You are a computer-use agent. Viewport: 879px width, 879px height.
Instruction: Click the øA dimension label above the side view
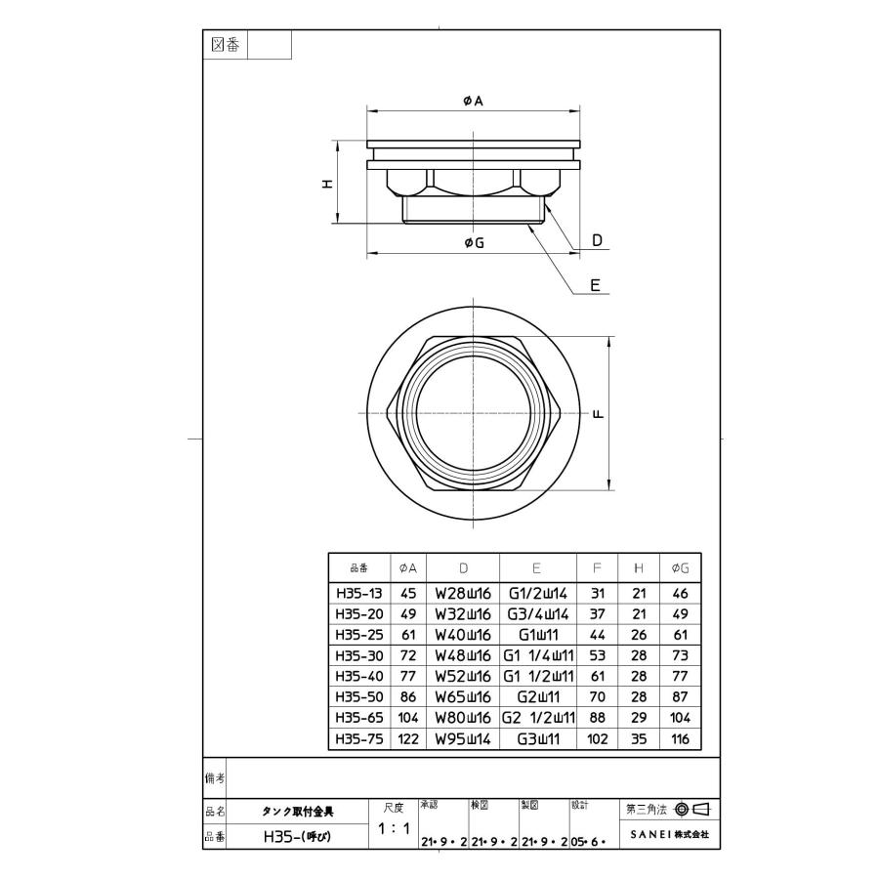coord(474,101)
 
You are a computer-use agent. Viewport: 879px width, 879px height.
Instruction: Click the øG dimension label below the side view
coord(474,243)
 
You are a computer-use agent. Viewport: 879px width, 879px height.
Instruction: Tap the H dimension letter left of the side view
coord(329,184)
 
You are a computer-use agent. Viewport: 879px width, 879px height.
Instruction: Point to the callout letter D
coord(597,239)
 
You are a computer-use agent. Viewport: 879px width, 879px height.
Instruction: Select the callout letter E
coord(595,285)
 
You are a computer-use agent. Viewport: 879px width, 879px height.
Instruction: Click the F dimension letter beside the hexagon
coord(599,414)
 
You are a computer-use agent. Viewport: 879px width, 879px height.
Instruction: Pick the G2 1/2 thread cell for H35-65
coord(538,718)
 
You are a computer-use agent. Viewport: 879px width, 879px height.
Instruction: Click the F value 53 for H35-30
coord(598,655)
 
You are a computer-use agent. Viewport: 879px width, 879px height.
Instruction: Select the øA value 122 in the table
coord(408,739)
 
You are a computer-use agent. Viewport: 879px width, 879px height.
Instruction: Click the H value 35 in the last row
coord(639,739)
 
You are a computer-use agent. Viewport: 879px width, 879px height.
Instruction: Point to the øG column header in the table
coord(681,567)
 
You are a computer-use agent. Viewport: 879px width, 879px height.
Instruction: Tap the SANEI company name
coord(668,835)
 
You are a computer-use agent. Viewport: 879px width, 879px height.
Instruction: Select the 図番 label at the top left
coord(226,45)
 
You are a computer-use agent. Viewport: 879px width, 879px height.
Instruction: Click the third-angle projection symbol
coord(691,809)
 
